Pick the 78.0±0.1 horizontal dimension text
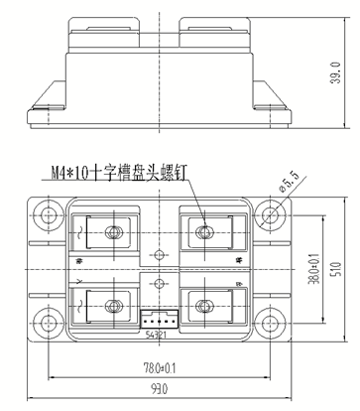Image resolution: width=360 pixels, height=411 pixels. [x=160, y=368]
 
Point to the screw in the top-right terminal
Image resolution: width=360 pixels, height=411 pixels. [x=205, y=234]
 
